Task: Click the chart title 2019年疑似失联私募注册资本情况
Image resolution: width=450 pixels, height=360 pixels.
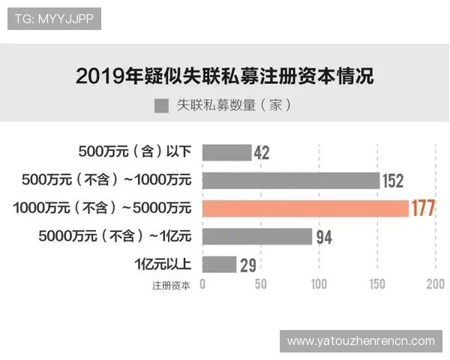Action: pyautogui.click(x=225, y=76)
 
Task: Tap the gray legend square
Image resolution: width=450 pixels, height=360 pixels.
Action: pyautogui.click(x=160, y=106)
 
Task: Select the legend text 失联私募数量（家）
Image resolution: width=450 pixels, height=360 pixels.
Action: pyautogui.click(x=233, y=106)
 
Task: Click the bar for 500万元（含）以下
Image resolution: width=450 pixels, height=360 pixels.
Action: pyautogui.click(x=226, y=153)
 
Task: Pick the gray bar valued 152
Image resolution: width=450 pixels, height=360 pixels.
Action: pyautogui.click(x=290, y=181)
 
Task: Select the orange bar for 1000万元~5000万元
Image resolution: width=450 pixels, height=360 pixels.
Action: pyautogui.click(x=305, y=208)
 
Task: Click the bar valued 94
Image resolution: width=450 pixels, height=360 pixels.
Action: pyautogui.click(x=257, y=236)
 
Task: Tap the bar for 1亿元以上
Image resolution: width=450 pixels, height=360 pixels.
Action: pyautogui.click(x=219, y=264)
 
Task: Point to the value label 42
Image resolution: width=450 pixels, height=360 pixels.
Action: pyautogui.click(x=262, y=153)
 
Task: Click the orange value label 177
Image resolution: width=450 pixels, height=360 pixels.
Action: pyautogui.click(x=423, y=208)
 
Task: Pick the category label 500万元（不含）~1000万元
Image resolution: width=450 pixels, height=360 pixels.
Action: pyautogui.click(x=107, y=180)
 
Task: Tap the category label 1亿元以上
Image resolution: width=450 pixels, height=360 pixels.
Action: pyautogui.click(x=163, y=264)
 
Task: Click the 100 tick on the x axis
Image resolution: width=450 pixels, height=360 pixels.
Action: pyautogui.click(x=319, y=284)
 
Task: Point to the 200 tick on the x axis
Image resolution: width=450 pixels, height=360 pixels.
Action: pyautogui.click(x=435, y=284)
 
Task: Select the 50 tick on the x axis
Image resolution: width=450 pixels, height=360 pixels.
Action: pyautogui.click(x=261, y=284)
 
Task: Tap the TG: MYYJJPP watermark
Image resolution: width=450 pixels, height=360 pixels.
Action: pyautogui.click(x=53, y=19)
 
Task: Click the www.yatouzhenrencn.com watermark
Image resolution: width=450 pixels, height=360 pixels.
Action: pyautogui.click(x=361, y=340)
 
